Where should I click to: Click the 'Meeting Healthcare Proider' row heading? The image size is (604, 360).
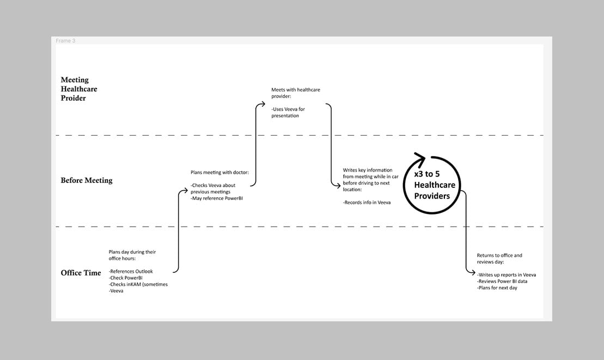(79, 89)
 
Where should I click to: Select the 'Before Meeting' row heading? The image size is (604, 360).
(87, 180)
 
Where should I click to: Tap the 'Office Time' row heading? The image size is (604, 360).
(81, 273)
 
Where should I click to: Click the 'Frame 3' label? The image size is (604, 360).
(65, 40)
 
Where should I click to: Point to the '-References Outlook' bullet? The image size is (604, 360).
(131, 271)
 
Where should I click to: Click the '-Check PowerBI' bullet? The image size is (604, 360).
(126, 278)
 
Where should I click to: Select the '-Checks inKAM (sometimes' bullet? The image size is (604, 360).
(138, 284)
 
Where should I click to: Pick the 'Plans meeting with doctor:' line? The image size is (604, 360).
(219, 172)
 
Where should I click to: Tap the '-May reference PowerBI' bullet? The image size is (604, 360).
(216, 198)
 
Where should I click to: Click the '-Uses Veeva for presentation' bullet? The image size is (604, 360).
(288, 112)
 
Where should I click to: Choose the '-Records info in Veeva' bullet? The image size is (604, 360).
(367, 202)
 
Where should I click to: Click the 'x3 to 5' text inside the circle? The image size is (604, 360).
(427, 174)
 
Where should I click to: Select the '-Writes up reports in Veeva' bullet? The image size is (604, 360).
(507, 274)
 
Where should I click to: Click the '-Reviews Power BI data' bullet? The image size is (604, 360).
(502, 281)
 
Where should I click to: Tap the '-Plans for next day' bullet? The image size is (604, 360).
(497, 288)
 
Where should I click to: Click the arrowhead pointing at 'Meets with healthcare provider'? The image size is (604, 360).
(263, 104)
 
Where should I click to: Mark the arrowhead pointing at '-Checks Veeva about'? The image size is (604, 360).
(185, 191)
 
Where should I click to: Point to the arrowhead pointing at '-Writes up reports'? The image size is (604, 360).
(472, 273)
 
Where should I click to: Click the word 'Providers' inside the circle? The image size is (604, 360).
(432, 196)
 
